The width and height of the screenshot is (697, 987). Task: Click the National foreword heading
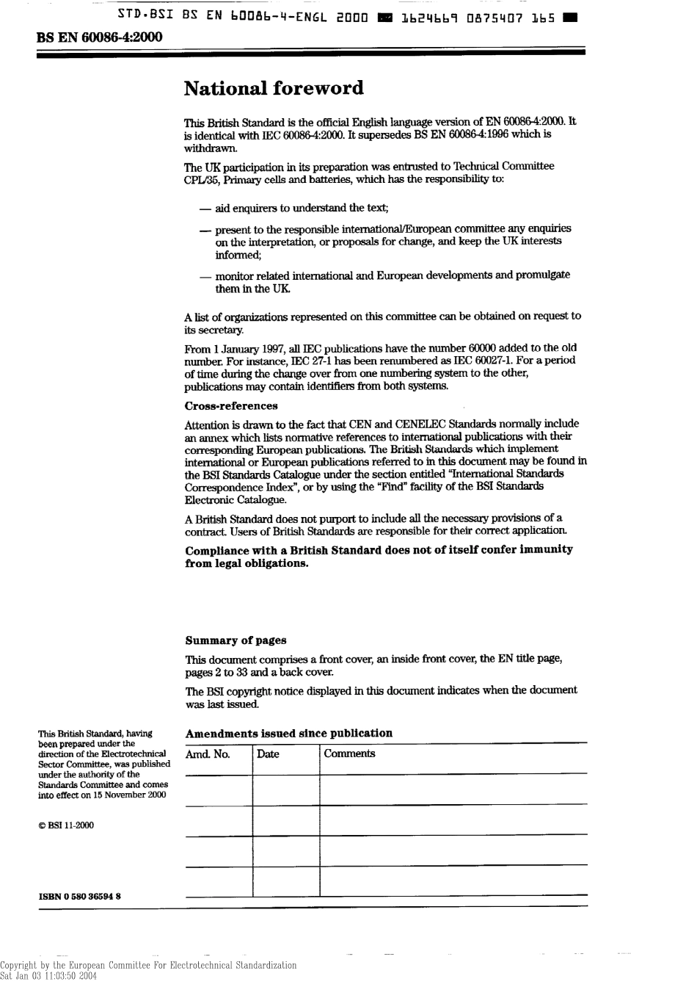coord(274,89)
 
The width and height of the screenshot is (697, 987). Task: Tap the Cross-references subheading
coord(231,406)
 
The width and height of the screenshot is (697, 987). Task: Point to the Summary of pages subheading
coord(236,640)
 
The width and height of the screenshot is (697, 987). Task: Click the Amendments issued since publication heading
coord(289,733)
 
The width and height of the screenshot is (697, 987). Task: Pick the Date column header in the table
coord(268,754)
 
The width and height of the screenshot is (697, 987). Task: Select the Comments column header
coord(349,754)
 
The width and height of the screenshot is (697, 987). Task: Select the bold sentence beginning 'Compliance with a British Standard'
coord(379,557)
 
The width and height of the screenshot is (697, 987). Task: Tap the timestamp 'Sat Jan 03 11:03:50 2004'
coord(48,977)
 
